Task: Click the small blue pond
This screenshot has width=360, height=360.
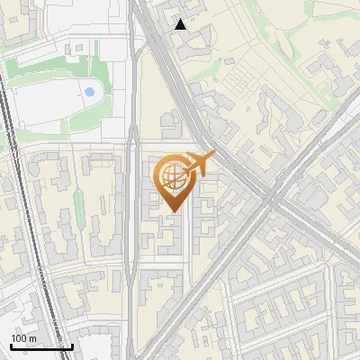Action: pyautogui.click(x=88, y=91)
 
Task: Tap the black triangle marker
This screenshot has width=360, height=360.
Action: pyautogui.click(x=181, y=24)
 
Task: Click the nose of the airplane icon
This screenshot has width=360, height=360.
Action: pyautogui.click(x=214, y=156)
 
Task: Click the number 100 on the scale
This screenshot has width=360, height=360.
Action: pyautogui.click(x=18, y=338)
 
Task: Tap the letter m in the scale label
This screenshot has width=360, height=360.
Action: pyautogui.click(x=31, y=338)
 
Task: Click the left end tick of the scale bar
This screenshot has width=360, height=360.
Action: pyautogui.click(x=10, y=346)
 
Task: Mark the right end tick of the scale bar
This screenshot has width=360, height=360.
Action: pyautogui.click(x=72, y=346)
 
